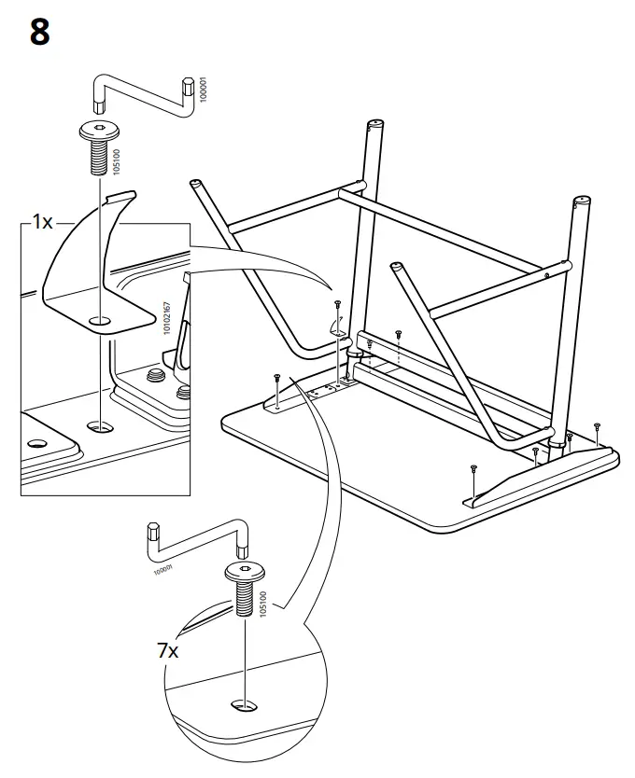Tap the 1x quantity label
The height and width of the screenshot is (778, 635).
click(x=42, y=223)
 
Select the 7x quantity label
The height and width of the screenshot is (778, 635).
click(x=167, y=651)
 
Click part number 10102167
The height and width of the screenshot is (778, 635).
click(x=167, y=318)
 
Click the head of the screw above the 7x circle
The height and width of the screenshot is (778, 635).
click(x=244, y=571)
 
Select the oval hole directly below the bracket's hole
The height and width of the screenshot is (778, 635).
click(x=98, y=425)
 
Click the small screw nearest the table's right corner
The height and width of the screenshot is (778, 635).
click(x=596, y=426)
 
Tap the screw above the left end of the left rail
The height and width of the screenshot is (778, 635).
click(x=277, y=376)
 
